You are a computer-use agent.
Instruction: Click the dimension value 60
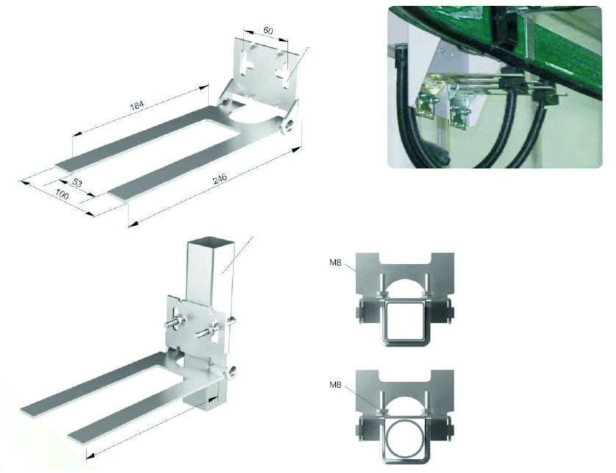[268, 30]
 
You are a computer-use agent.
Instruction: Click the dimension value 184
[137, 105]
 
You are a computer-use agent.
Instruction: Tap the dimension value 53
[77, 182]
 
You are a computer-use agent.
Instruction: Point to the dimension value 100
[62, 194]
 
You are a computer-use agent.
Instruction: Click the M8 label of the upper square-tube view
[335, 263]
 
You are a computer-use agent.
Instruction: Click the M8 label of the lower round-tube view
[335, 385]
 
